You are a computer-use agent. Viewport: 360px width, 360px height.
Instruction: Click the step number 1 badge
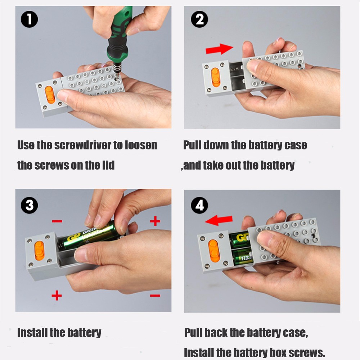30,19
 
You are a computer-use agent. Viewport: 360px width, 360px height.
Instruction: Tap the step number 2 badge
199,19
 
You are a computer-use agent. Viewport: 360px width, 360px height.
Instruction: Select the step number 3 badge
30,205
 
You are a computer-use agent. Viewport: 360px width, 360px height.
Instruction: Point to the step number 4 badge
199,205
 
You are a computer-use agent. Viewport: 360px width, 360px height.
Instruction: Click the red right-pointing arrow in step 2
219,49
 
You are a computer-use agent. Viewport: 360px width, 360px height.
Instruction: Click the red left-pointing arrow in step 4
219,220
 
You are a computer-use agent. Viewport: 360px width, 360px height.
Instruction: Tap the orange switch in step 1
50,95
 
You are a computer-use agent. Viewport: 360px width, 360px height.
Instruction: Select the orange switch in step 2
216,77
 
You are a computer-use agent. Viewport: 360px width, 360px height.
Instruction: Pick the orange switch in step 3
39,251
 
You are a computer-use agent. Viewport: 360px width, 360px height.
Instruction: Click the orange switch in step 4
214,251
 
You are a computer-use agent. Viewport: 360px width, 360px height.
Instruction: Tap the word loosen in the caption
141,145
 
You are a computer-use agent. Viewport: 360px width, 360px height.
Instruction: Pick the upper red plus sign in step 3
155,221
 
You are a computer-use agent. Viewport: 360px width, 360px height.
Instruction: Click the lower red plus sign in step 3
57,295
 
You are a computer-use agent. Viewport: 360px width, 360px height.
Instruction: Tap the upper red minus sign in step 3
57,221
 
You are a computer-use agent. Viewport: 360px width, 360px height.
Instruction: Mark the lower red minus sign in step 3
155,296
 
